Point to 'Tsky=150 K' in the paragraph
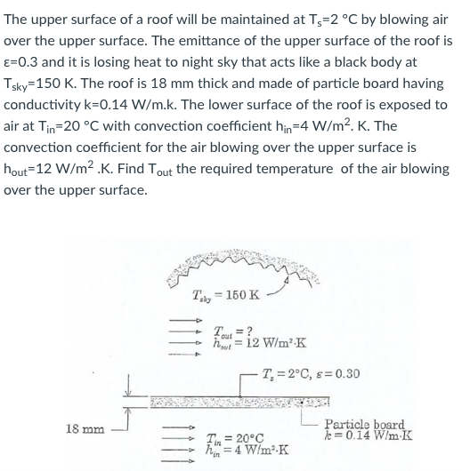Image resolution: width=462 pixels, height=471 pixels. (x=45, y=84)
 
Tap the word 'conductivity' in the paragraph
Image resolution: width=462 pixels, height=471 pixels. (x=43, y=105)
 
